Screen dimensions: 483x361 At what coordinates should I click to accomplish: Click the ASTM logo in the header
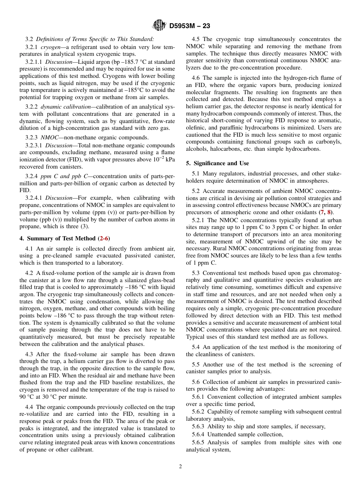pos(159,25)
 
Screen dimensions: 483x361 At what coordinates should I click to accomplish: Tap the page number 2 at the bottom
pos(180,467)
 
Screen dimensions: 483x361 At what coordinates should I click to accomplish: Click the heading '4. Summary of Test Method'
pos(57,238)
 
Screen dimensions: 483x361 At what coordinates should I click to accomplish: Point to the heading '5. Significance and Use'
pos(217,163)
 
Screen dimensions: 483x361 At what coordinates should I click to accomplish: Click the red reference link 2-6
pos(104,238)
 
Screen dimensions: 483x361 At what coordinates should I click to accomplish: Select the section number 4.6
pos(196,78)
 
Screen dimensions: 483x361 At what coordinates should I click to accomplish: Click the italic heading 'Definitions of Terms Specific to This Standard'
pos(95,39)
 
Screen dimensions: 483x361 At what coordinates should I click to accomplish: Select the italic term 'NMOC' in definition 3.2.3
pos(49,137)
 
